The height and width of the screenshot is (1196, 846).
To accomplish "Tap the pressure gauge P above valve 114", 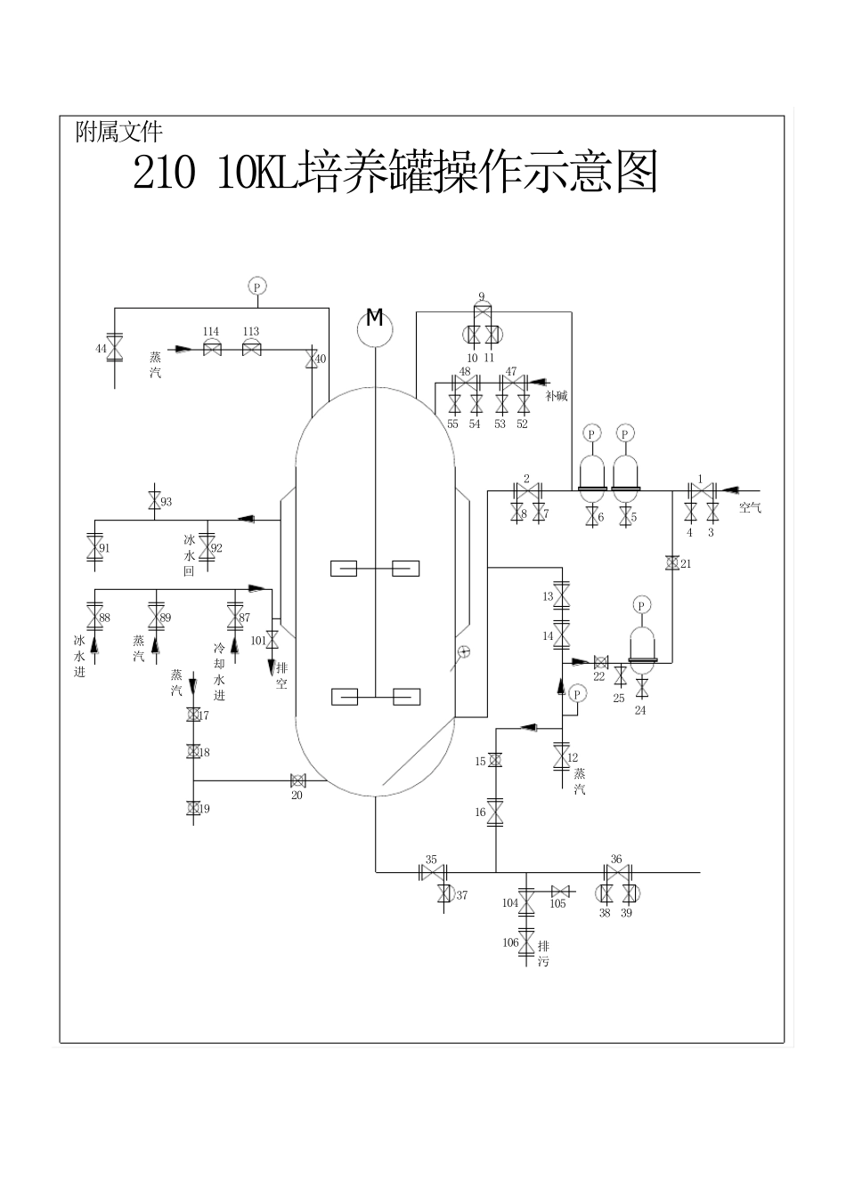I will click(256, 287).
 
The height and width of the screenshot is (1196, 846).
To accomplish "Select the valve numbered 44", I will click(115, 350).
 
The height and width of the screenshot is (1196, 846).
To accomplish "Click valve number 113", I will click(251, 349).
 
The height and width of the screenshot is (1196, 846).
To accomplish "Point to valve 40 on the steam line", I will click(311, 359).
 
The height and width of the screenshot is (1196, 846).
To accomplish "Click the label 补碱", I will click(557, 396).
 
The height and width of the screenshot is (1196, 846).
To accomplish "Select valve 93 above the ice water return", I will click(153, 501).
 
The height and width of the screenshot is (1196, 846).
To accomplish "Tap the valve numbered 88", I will click(94, 617).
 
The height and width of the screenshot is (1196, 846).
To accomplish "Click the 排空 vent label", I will click(281, 676).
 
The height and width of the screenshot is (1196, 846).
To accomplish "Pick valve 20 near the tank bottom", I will click(297, 780).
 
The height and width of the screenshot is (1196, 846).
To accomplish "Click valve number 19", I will click(193, 808).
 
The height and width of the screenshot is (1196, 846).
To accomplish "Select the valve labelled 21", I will click(672, 563).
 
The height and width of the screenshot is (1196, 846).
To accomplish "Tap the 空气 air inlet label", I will click(750, 508).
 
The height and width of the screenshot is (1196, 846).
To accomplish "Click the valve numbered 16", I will click(495, 812).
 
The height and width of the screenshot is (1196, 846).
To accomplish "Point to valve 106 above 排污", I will click(525, 942).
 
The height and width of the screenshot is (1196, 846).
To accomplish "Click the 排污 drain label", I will click(543, 955).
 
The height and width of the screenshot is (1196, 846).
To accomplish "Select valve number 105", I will click(560, 891).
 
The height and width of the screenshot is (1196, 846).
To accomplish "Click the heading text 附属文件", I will click(119, 133).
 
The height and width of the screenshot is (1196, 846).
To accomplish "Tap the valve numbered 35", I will click(432, 872).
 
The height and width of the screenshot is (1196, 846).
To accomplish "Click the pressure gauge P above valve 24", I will click(641, 605).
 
